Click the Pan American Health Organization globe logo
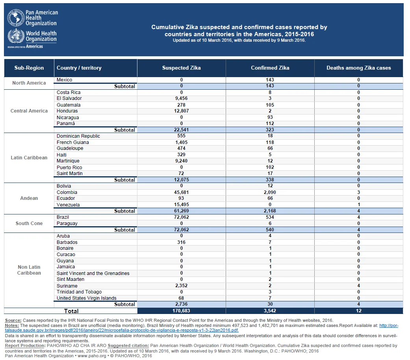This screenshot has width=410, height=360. click(16, 18)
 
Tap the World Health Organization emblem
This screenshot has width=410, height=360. click(16, 36)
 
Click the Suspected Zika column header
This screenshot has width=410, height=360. click(182, 68)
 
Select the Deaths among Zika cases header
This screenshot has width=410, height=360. click(359, 68)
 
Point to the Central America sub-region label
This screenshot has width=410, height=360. click(29, 111)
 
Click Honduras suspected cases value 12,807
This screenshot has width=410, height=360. click(182, 111)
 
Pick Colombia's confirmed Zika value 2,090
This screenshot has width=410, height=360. click(270, 192)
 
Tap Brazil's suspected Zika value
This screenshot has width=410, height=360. click(182, 217)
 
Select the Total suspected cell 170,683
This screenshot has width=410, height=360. click(181, 311)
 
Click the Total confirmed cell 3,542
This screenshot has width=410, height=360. click(270, 311)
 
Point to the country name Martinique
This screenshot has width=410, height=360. click(68, 161)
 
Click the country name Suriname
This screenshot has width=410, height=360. click(67, 286)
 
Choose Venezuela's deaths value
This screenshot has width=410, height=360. click(359, 205)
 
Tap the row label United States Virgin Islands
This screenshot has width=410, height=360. click(87, 298)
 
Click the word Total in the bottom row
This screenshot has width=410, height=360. click(71, 311)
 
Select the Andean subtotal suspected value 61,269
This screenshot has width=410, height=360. click(182, 211)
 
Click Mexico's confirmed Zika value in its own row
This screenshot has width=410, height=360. click(270, 80)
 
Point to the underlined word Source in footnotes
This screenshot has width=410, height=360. click(13, 320)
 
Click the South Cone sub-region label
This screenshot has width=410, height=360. click(29, 223)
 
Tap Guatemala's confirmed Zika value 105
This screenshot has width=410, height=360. click(270, 105)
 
